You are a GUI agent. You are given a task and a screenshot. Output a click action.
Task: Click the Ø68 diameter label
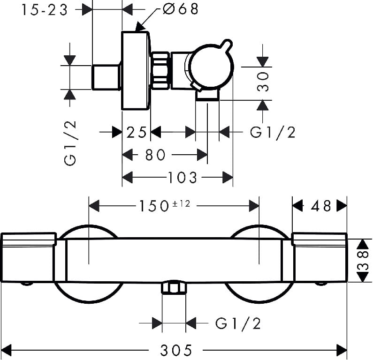[181, 9]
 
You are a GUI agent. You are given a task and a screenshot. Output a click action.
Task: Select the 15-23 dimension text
[45, 10]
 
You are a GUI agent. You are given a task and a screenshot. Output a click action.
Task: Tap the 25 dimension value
[136, 132]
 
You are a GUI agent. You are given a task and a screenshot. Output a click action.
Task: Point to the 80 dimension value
[155, 155]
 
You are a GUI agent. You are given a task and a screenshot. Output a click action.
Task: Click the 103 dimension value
[183, 178]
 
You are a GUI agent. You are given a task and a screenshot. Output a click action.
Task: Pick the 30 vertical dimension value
[263, 82]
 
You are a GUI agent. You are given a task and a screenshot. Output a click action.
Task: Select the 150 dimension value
[154, 206]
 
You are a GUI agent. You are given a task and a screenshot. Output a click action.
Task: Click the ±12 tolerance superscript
[181, 204]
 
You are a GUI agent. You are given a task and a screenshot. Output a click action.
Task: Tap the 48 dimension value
[320, 206]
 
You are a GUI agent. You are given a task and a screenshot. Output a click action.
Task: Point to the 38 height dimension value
[363, 261]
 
